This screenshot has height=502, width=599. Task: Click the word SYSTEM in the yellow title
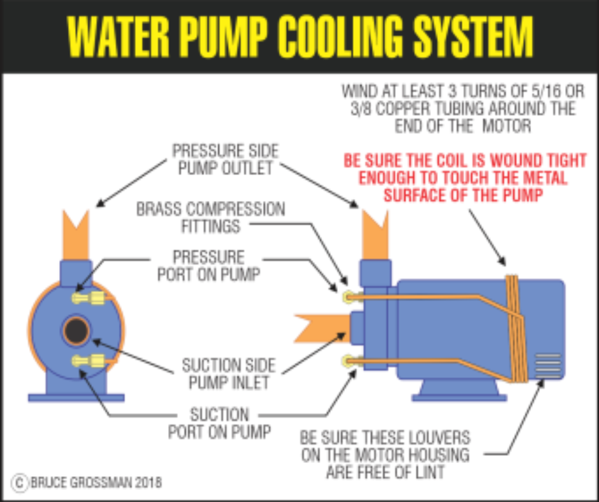474,37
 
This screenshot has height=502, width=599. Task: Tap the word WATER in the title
118,37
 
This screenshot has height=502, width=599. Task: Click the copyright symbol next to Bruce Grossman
20,482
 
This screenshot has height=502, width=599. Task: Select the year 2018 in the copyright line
148,482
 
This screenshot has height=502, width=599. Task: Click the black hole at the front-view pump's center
76,331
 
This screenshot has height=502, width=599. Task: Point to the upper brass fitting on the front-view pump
89,298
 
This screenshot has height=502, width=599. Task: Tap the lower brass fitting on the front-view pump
89,360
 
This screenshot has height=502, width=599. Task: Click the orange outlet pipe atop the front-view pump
76,235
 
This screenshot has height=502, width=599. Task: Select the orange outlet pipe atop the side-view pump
375,235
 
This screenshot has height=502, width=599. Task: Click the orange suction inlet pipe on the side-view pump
323,328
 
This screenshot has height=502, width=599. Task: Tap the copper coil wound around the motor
517,329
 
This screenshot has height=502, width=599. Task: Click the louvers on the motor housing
548,367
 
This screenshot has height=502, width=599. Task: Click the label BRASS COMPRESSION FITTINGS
211,217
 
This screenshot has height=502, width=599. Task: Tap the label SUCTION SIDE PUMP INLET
229,374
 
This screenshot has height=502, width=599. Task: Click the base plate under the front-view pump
76,398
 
